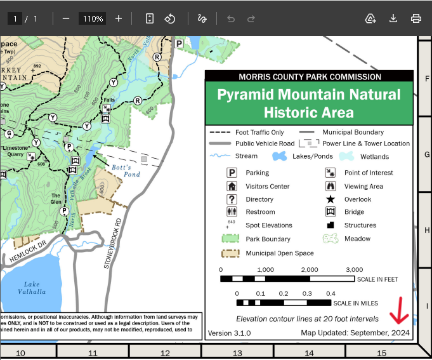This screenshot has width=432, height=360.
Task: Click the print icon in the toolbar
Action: point(416,18)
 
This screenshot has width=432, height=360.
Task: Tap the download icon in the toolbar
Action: point(393,18)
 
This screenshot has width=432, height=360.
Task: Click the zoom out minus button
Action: point(65,18)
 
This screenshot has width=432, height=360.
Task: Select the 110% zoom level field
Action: point(92,18)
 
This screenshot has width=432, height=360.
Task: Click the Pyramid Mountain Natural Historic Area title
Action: point(309,103)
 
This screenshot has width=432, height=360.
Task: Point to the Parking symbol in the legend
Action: point(232,173)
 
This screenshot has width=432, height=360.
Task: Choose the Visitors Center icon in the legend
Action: point(232,186)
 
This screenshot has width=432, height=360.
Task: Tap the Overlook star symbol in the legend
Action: point(331,199)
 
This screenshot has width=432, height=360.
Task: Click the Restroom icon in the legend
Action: point(232,212)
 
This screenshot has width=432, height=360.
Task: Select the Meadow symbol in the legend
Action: point(331,239)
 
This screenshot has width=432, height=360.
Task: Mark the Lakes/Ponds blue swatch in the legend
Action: point(280,156)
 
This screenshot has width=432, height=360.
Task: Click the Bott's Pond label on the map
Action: point(126,170)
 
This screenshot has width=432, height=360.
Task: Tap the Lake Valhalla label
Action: point(32,288)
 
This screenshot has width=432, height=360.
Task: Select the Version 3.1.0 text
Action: point(230,333)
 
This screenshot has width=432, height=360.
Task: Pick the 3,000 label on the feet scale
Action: point(355,270)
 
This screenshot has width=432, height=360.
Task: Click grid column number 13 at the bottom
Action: point(237,352)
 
